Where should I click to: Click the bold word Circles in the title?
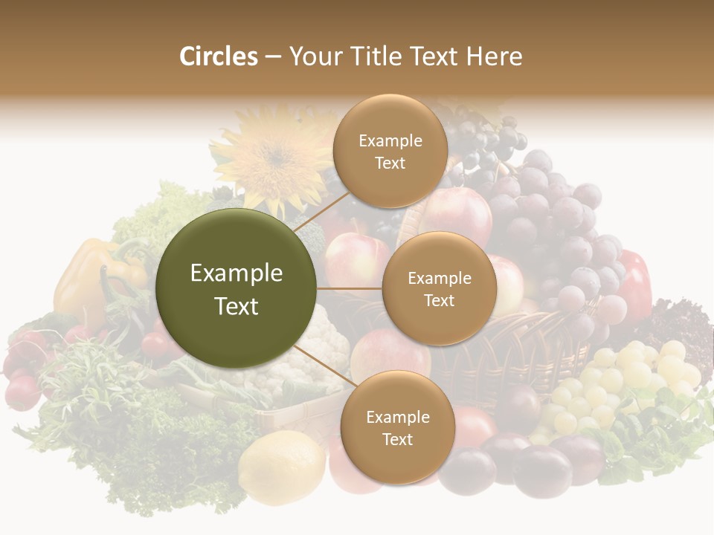click(218, 56)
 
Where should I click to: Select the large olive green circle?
click(237, 288)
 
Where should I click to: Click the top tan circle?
click(390, 151)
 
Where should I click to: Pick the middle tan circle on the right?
click(439, 288)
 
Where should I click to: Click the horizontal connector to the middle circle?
click(350, 288)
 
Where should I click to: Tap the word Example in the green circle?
click(237, 273)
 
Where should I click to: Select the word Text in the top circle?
click(390, 163)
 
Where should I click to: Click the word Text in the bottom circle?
click(397, 439)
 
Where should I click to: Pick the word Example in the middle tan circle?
click(439, 279)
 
